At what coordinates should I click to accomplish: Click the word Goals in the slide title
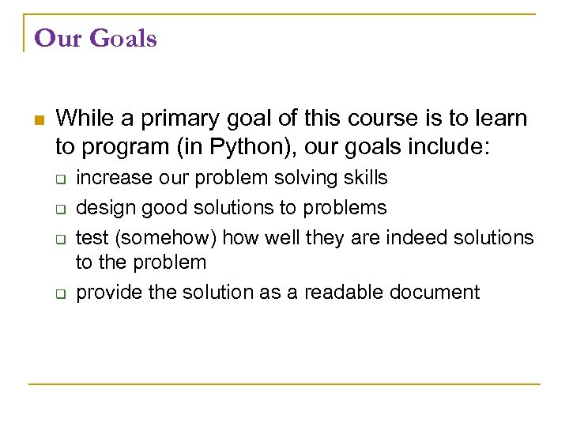point(125,38)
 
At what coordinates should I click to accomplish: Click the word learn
point(498,119)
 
